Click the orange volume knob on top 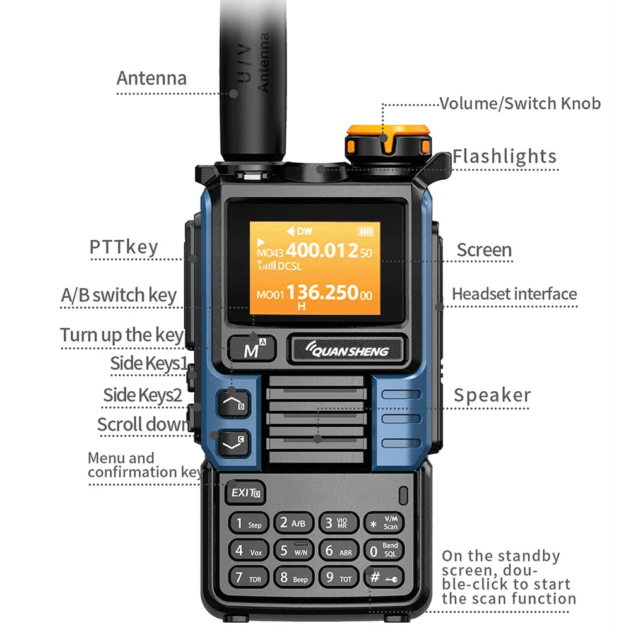387,140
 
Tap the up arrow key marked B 233,402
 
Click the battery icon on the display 365,231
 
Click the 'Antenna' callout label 151,78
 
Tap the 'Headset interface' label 514,294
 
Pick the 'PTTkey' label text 124,247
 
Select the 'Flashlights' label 504,156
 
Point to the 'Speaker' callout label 492,396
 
